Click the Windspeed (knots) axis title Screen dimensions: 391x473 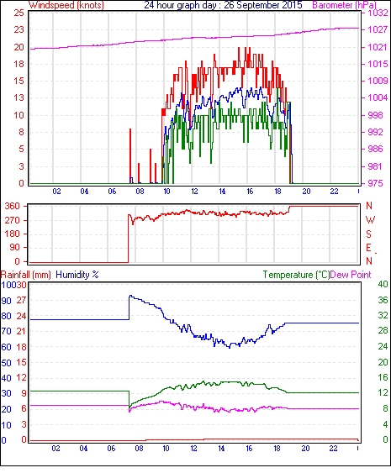[x=66, y=5]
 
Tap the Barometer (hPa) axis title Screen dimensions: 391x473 [x=344, y=5]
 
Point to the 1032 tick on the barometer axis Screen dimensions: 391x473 [x=378, y=13]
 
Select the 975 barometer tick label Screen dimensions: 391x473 [x=375, y=183]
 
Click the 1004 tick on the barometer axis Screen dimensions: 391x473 [x=378, y=97]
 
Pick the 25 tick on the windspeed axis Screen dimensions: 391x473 [x=19, y=13]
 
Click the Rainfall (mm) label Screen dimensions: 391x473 [x=26, y=275]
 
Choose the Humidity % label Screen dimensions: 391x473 [x=77, y=275]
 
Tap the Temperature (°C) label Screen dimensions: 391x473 [x=296, y=275]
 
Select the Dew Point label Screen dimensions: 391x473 [x=351, y=275]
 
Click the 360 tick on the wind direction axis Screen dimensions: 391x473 [x=13, y=207]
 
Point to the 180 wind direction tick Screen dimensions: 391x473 [x=13, y=234]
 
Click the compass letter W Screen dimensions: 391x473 [x=370, y=220]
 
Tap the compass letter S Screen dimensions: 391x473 [x=368, y=234]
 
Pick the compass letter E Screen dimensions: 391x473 [x=368, y=248]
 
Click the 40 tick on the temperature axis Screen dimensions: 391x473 [x=383, y=284]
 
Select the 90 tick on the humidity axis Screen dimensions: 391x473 [x=7, y=301]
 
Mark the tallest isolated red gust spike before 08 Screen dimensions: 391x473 [x=130, y=156]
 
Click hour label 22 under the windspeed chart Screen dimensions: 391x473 [x=334, y=192]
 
